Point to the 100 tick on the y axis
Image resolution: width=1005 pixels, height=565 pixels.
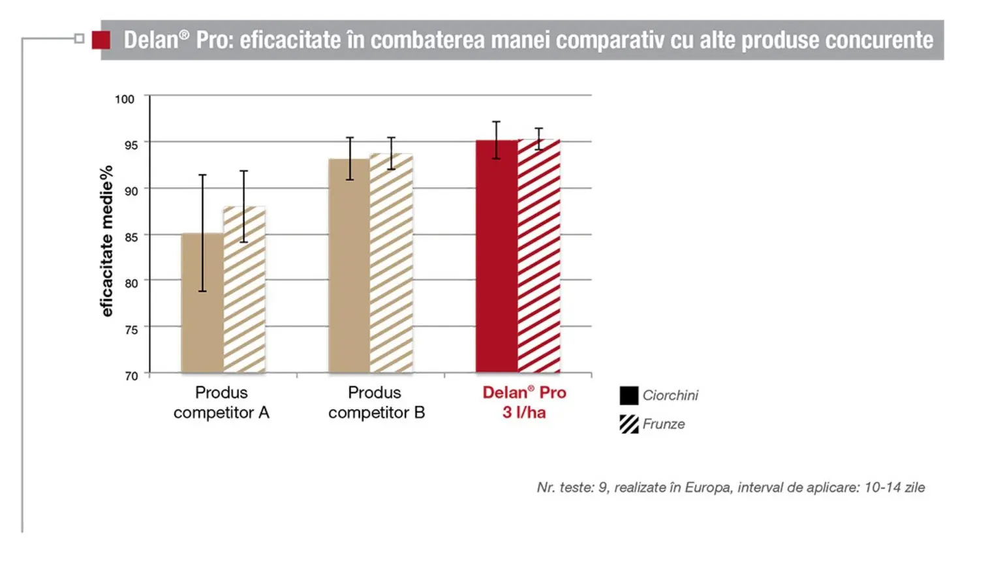coord(124,99)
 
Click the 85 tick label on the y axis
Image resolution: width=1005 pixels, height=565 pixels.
coord(131,237)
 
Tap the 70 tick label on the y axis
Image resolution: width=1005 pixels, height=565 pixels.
coord(131,376)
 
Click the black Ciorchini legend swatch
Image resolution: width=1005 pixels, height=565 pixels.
coord(628,395)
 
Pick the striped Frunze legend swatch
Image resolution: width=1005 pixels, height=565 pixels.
coord(628,424)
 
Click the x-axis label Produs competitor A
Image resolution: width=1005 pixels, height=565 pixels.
coord(221,403)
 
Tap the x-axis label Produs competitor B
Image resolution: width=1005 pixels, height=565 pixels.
coord(376,403)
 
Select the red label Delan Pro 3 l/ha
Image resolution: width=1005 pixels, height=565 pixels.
coord(524,403)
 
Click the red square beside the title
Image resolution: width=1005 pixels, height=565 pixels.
coord(101,40)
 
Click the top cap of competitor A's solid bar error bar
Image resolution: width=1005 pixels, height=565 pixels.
coord(202,175)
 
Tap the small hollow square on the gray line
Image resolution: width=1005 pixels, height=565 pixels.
coord(80,38)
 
